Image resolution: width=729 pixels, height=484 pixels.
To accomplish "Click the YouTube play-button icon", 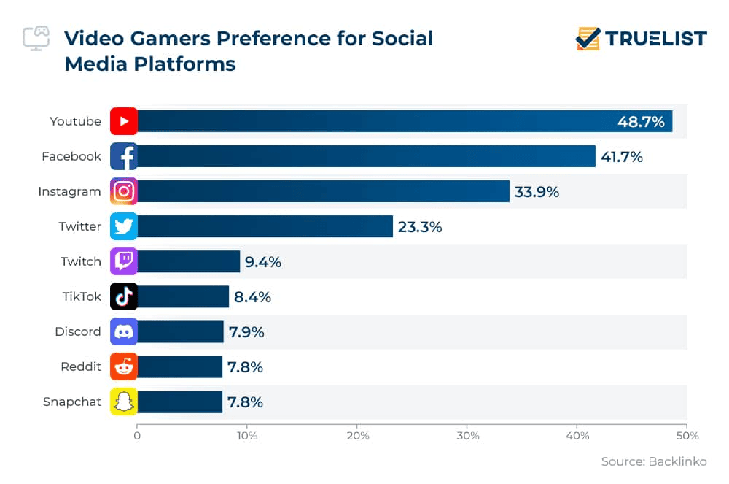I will pos(124,121).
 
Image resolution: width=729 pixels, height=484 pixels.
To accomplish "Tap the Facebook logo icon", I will pos(124,156).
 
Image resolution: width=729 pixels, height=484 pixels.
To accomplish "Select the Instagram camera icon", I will pos(124,191).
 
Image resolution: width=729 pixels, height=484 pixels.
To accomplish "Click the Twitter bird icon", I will pos(124,226).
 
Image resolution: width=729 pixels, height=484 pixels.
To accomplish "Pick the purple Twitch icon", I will pos(124,261).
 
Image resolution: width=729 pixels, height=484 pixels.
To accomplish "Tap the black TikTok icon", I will pos(124,296).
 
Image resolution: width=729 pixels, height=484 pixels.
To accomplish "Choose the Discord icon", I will pos(124,331).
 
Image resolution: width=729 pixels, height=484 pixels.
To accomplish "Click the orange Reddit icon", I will pos(124,366).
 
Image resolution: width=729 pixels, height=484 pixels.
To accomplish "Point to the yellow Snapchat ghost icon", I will pos(124,402).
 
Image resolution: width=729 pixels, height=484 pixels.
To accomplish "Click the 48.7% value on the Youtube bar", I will pos(641,122).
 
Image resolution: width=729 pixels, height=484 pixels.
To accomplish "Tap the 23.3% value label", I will pos(420,227).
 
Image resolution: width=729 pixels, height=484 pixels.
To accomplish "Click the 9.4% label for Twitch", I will pos(262,262).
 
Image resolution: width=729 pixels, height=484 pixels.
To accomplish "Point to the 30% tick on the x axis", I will pos(467,436).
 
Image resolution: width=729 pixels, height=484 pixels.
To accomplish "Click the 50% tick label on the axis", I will pos(687,436).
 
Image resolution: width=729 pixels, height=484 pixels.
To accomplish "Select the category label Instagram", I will pos(69,191).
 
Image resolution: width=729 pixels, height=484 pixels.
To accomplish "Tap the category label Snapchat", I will pos(72,402).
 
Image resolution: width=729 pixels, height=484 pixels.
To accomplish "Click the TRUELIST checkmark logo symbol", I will pos(588,39).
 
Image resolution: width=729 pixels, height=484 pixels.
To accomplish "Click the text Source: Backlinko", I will pos(653,462).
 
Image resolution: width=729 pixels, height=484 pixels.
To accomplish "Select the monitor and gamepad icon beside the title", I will pos(36,39).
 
